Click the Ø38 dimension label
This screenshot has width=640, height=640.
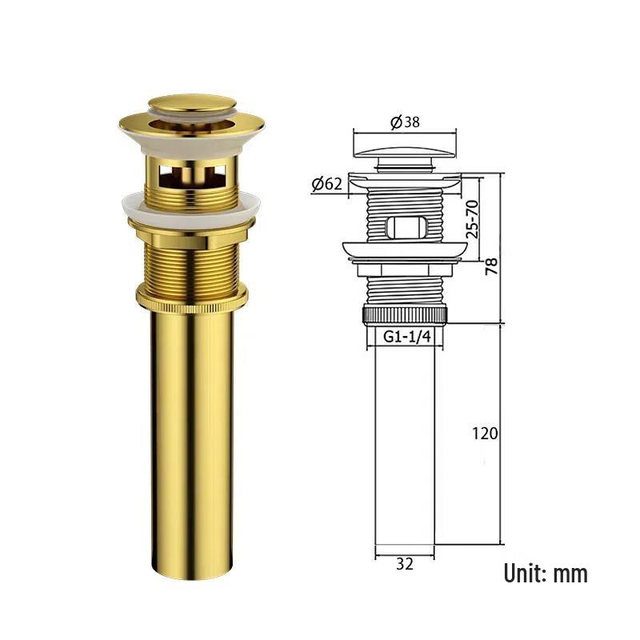(405, 122)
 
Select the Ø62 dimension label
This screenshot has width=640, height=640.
(327, 184)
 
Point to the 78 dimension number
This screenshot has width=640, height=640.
(490, 265)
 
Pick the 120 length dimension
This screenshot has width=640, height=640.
(485, 433)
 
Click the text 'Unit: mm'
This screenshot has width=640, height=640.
(545, 573)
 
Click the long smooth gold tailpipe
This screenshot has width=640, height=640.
(192, 440)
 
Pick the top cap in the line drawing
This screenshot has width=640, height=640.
(405, 147)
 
